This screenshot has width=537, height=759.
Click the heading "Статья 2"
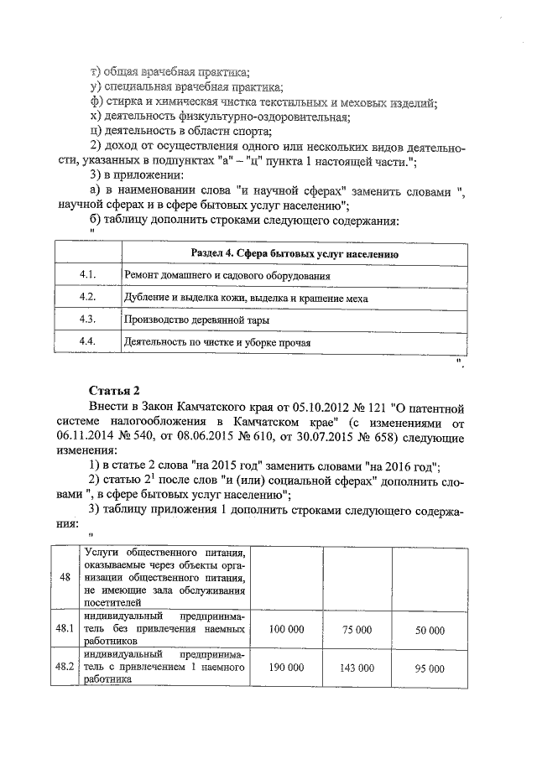click(x=114, y=391)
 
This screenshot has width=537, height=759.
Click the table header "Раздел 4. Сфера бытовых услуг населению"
click(x=294, y=254)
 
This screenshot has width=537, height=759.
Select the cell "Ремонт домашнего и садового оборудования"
click(x=227, y=276)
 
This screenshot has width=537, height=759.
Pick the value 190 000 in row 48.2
click(x=287, y=668)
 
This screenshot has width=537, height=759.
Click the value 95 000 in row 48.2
click(x=430, y=668)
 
